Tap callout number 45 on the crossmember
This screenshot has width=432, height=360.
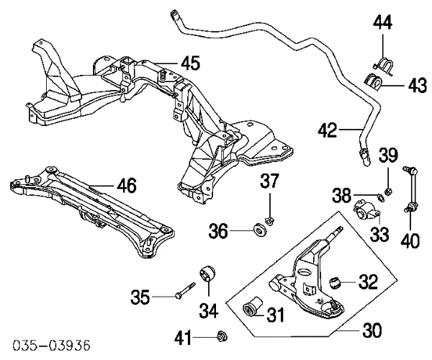(189, 63)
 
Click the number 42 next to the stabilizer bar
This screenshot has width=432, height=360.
(328, 131)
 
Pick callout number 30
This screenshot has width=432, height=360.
(372, 331)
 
